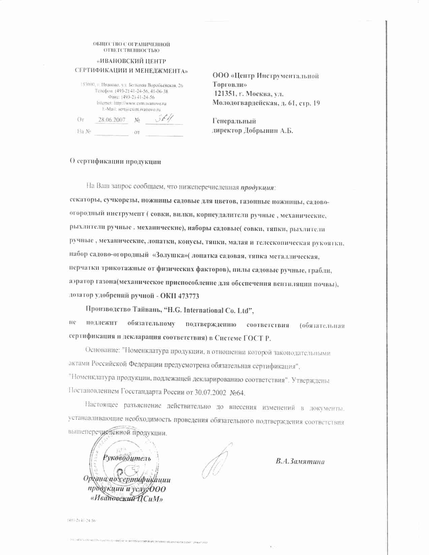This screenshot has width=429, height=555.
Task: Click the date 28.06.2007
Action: point(112,120)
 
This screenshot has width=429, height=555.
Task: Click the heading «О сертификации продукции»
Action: point(115,161)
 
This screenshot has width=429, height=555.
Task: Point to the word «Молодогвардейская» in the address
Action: point(243,103)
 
